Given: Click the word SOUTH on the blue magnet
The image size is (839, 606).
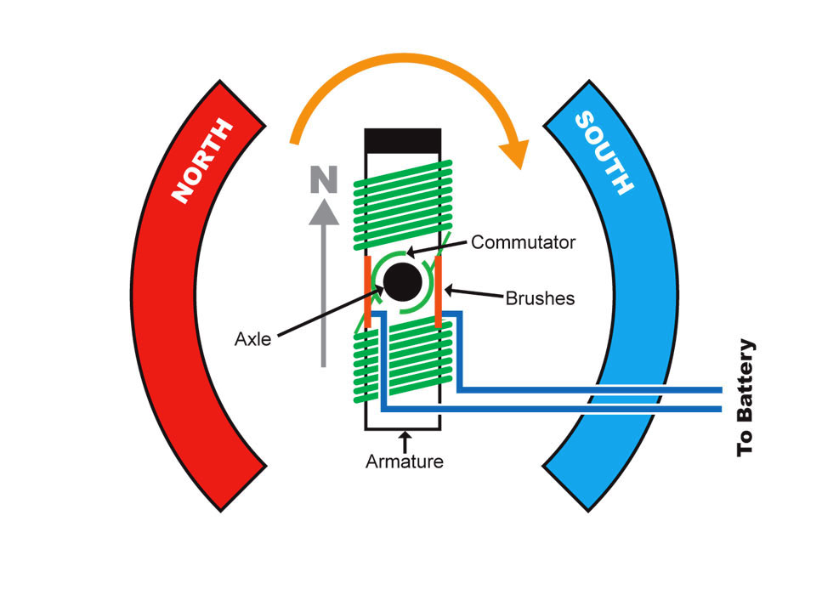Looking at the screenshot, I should click(604, 152).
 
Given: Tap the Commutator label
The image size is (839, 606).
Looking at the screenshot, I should click(523, 242).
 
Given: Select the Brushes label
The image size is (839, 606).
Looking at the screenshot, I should click(540, 298).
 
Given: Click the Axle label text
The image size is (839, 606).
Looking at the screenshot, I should click(252, 340).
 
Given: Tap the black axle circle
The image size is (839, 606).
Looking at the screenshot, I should click(401, 281).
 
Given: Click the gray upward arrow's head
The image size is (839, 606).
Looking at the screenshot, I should click(324, 212).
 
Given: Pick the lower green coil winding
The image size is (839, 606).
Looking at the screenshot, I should click(401, 365).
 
